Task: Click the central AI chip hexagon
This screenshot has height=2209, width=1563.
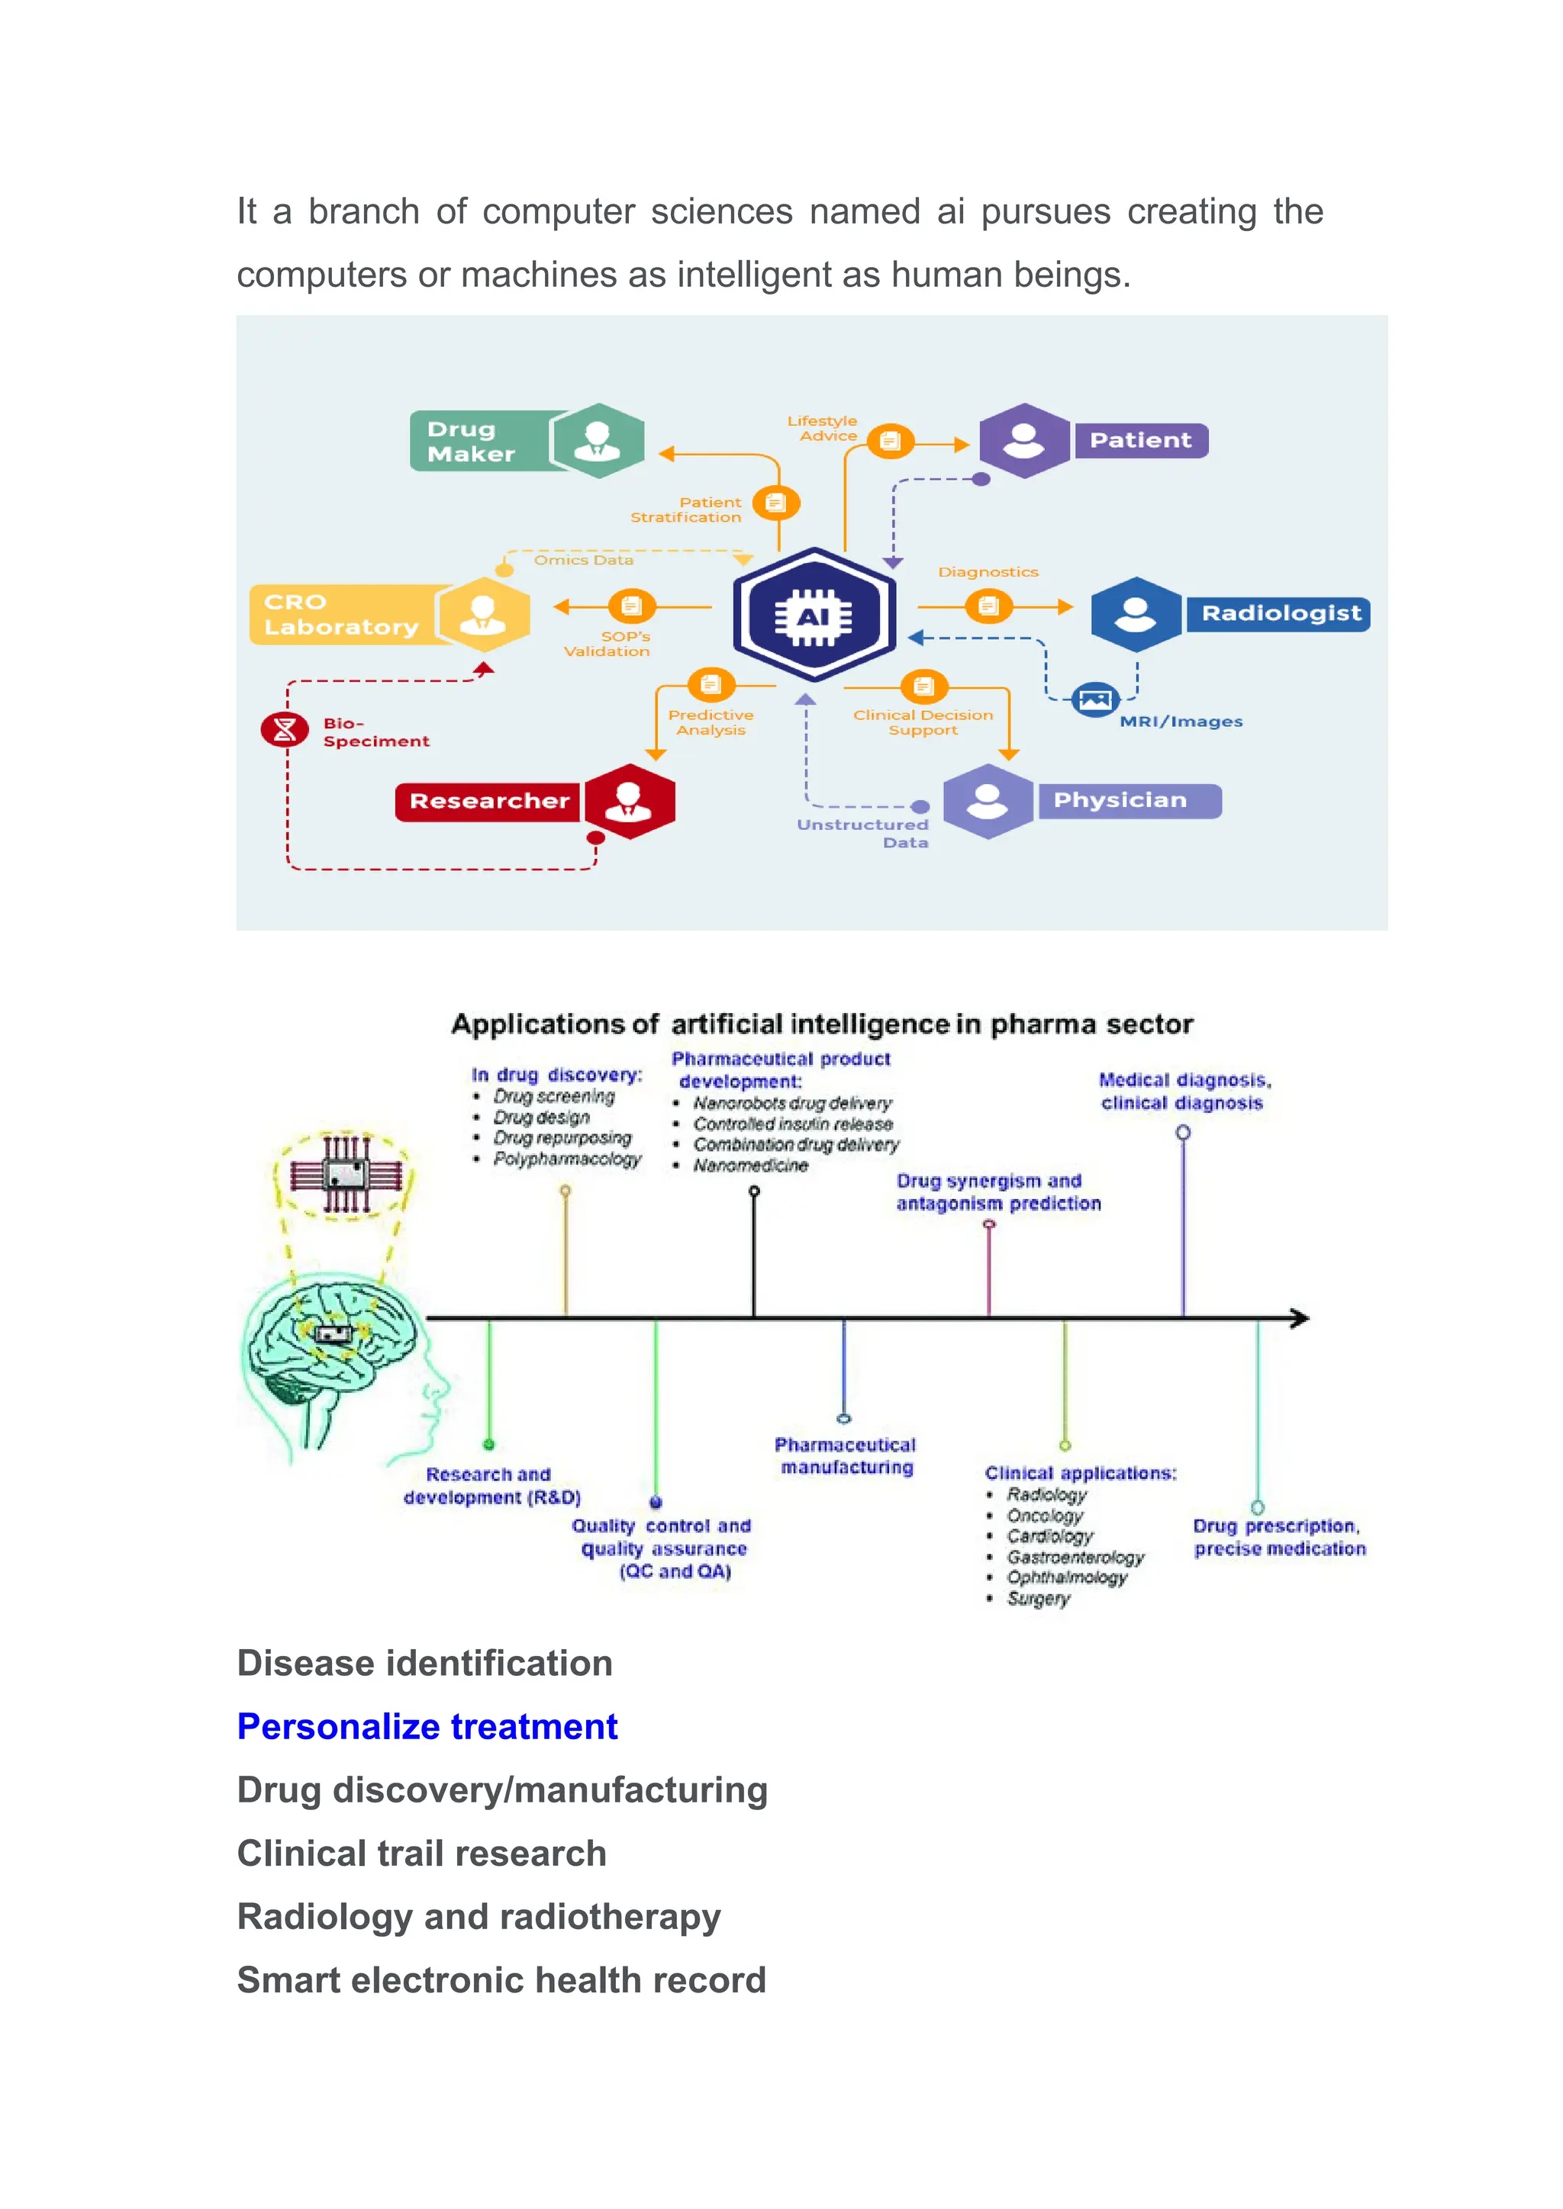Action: coord(814,615)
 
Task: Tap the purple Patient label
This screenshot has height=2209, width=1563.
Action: coord(1139,441)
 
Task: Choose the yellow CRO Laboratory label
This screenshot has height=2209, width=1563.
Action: coord(342,614)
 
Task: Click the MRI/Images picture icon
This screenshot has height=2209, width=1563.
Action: coord(1094,699)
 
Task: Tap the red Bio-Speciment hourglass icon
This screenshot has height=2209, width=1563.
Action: coord(285,729)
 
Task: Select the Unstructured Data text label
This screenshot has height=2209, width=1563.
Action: coord(863,833)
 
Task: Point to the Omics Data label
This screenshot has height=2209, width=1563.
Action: coord(583,560)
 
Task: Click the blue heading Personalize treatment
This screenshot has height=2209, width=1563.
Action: coord(427,1727)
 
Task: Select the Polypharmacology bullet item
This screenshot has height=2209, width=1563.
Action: coord(566,1159)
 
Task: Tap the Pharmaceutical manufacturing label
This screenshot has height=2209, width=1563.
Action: coord(845,1455)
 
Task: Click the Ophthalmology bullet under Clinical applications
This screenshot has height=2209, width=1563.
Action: coord(1065,1578)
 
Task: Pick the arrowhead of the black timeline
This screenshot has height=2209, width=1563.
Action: coord(1300,1318)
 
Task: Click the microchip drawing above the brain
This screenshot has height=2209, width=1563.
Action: coord(346,1174)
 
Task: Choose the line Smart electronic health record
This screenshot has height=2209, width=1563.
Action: coord(501,1980)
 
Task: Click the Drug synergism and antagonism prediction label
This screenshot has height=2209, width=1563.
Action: coord(998,1192)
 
